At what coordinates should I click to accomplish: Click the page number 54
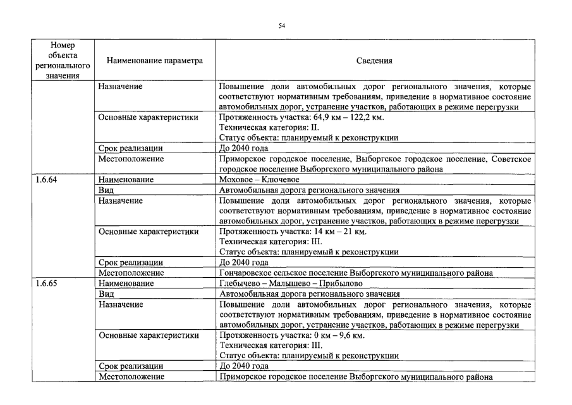pos(282,26)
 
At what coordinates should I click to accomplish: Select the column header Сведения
pos(374,61)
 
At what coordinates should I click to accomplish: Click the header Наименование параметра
pos(155,61)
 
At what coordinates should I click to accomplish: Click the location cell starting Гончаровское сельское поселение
pos(356,273)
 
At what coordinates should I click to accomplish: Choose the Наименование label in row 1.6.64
pos(126,180)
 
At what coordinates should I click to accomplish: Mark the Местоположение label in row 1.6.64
pos(131,273)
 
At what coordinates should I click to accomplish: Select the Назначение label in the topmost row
pos(120,87)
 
